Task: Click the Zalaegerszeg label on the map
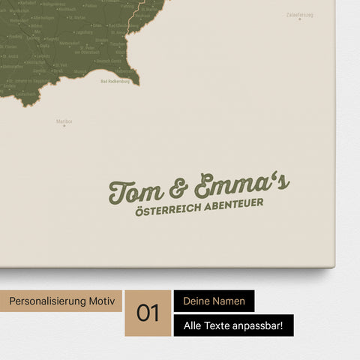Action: click(298, 14)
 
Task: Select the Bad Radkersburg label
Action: click(115, 81)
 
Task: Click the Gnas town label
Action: click(97, 25)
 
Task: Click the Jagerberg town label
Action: click(84, 32)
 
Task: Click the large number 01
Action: click(148, 313)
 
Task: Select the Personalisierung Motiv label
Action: click(62, 301)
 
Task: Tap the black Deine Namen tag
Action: click(214, 301)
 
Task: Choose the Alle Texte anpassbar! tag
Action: click(233, 325)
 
